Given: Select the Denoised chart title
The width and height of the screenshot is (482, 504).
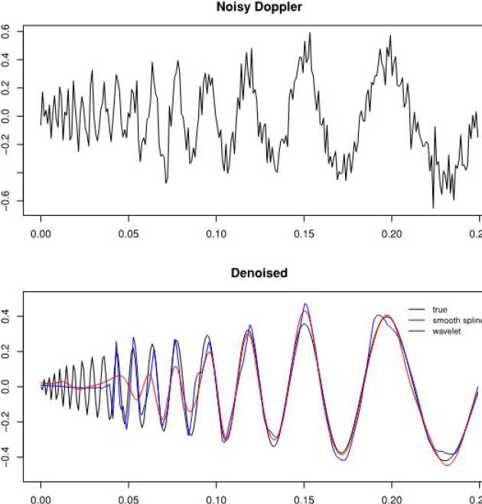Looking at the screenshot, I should point(259,273).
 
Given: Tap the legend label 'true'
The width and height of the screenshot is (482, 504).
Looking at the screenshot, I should point(439,310).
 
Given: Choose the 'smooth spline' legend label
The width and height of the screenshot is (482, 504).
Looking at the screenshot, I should point(456,321).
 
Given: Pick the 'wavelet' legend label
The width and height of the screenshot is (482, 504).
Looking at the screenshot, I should point(446,332).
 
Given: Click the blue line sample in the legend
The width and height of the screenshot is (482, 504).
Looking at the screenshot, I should point(415,332).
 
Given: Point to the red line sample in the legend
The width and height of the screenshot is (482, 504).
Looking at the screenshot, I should point(415,321).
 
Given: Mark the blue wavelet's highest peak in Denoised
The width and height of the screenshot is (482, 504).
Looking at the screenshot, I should point(305,304).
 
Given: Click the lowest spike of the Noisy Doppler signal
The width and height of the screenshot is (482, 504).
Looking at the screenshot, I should point(433,208).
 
